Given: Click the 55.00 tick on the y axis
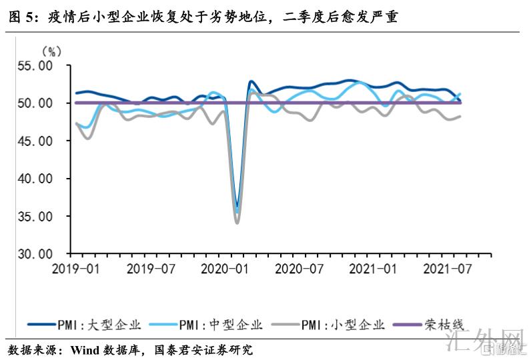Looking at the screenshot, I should tap(36, 66).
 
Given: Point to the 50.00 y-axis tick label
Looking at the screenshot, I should tap(36, 103).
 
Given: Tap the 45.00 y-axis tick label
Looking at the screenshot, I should tap(36, 141).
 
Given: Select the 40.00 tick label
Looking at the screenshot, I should tap(36, 179).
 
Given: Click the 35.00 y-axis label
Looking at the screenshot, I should tap(36, 217).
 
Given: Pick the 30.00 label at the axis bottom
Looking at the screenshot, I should tap(36, 254).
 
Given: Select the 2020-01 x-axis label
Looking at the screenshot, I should tap(227, 269).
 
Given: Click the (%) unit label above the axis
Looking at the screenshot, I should tap(52, 51).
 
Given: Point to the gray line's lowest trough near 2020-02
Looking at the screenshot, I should tap(237, 223).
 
